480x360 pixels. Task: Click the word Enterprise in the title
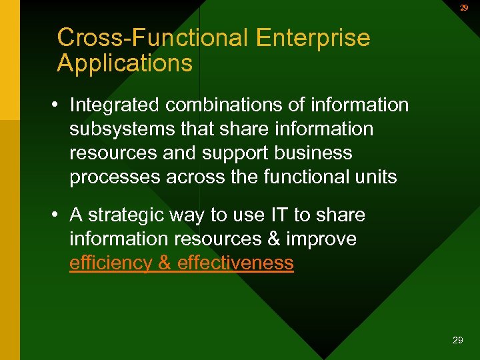point(312,38)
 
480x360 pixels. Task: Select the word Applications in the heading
point(125,64)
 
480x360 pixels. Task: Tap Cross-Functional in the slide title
point(152,38)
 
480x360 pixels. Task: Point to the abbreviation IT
point(279,215)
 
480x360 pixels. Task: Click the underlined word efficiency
point(111,263)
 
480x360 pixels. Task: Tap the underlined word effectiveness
point(235,263)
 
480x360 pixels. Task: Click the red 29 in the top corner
point(463,8)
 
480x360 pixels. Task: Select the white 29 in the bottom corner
point(457,340)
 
